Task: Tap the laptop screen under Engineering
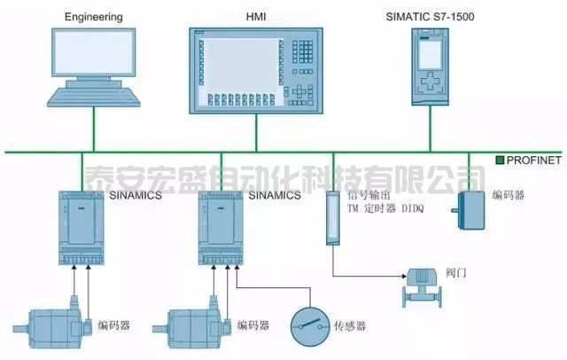[x=94, y=55]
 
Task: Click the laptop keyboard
[x=92, y=95]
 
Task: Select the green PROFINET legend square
[x=501, y=160]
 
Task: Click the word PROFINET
[x=534, y=160]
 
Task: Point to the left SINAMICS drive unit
[x=79, y=227]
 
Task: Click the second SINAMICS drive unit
[x=221, y=227]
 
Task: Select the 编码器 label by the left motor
[x=114, y=325]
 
